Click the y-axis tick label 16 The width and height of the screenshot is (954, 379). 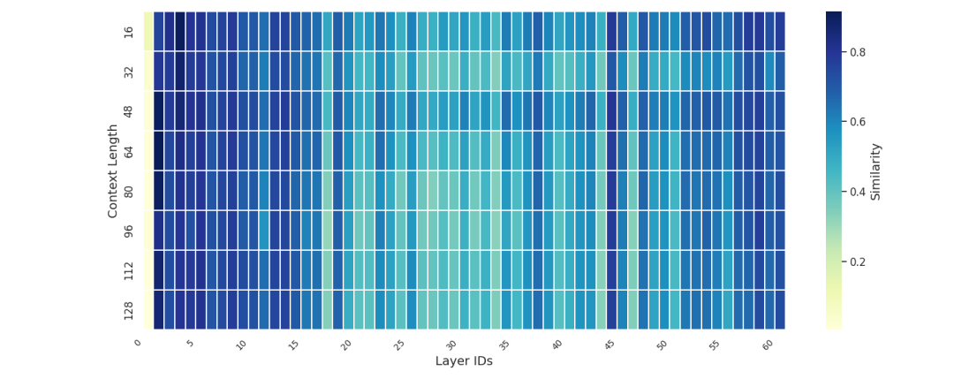[x=129, y=32]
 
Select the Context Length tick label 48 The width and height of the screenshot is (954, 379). [x=129, y=111]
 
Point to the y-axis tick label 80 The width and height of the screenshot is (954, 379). [x=129, y=191]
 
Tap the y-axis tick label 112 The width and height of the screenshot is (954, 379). [x=129, y=269]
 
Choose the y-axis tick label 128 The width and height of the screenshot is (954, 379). [x=129, y=309]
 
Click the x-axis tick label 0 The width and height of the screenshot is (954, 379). [x=138, y=343]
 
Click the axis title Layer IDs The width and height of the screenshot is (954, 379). [x=464, y=361]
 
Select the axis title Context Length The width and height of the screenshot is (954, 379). [x=113, y=171]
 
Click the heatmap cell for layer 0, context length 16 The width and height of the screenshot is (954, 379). [x=148, y=32]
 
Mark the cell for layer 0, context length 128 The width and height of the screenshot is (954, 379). [x=148, y=309]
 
